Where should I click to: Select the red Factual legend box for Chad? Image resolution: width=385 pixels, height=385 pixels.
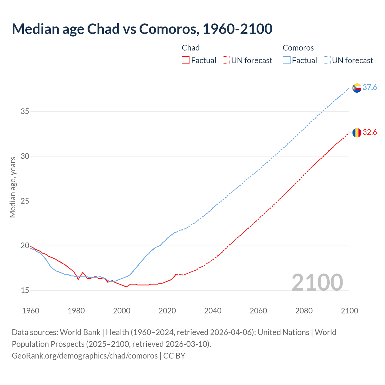(x=186, y=60)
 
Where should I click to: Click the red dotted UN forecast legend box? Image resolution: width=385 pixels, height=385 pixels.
(x=226, y=60)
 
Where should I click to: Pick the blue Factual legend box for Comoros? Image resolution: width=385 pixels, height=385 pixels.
(x=286, y=60)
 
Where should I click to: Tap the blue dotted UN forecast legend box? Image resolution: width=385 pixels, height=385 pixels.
(x=326, y=60)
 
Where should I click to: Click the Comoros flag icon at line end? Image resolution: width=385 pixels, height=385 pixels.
(x=357, y=88)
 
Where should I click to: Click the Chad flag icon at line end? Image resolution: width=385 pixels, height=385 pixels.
(x=357, y=132)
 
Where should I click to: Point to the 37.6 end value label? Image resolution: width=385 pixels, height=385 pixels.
(x=370, y=87)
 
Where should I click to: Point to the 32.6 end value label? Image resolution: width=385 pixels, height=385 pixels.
(x=370, y=132)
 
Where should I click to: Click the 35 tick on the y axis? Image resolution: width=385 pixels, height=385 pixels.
(x=25, y=112)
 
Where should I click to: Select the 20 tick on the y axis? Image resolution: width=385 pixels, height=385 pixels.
(x=25, y=246)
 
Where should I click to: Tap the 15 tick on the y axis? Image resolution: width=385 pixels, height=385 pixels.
(x=25, y=291)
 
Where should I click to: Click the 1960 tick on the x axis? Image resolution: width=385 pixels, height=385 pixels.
(x=31, y=311)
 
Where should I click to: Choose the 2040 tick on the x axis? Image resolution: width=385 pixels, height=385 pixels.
(x=213, y=311)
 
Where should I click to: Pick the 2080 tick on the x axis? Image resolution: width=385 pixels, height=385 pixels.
(x=304, y=311)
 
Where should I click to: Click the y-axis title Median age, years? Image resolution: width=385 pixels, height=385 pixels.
(x=13, y=187)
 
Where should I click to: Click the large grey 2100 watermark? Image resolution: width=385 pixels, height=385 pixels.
(x=317, y=282)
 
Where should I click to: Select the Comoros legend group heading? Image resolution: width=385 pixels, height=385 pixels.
(x=298, y=48)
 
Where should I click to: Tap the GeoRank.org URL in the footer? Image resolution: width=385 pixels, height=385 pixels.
(x=85, y=356)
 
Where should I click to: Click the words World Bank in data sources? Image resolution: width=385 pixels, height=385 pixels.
(x=80, y=332)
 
